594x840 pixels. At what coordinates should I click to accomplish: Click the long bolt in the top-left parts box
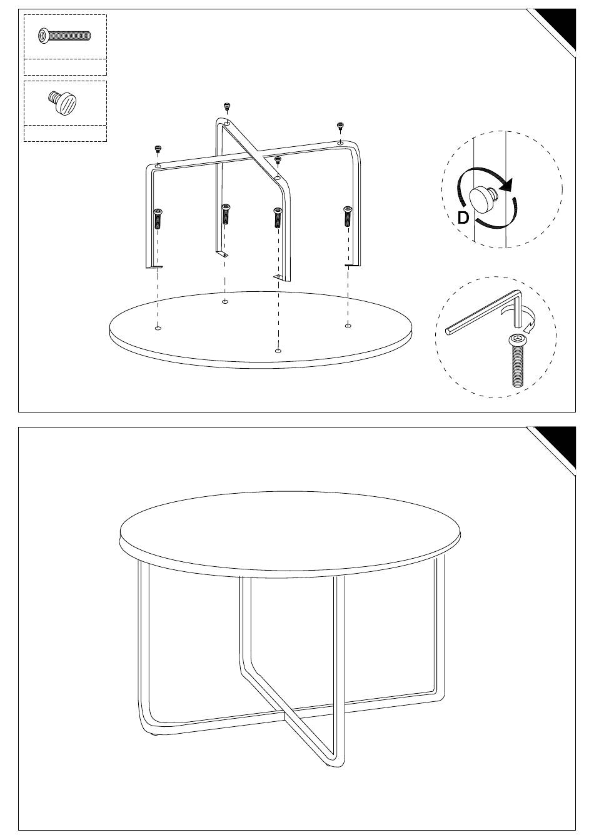pyautogui.click(x=64, y=36)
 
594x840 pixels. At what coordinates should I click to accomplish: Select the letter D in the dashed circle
pyautogui.click(x=463, y=217)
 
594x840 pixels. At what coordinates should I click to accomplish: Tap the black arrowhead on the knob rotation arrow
pyautogui.click(x=506, y=185)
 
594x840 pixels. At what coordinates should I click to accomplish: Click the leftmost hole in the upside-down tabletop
pyautogui.click(x=158, y=327)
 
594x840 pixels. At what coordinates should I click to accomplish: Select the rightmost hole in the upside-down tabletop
pyautogui.click(x=348, y=326)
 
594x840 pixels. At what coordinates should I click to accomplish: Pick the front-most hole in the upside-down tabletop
pyautogui.click(x=278, y=351)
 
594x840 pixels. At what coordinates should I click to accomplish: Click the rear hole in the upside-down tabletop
pyautogui.click(x=224, y=301)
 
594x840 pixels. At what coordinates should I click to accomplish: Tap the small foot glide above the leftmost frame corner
pyautogui.click(x=158, y=149)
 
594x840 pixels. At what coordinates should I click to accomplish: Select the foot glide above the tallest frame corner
pyautogui.click(x=226, y=106)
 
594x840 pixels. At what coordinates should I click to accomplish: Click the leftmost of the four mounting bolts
pyautogui.click(x=158, y=218)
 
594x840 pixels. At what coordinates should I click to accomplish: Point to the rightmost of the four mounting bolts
pyautogui.click(x=348, y=216)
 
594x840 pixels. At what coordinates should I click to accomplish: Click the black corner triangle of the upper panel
pyautogui.click(x=560, y=24)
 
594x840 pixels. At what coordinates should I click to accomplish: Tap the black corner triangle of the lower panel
pyautogui.click(x=560, y=442)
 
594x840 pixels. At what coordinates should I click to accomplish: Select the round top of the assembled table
pyautogui.click(x=289, y=534)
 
